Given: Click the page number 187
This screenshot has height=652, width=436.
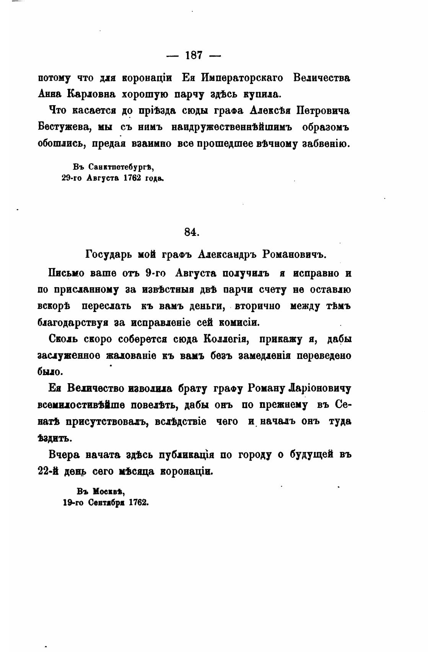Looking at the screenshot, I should [194, 55].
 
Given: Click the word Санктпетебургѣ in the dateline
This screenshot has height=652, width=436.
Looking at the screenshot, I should [121, 167].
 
